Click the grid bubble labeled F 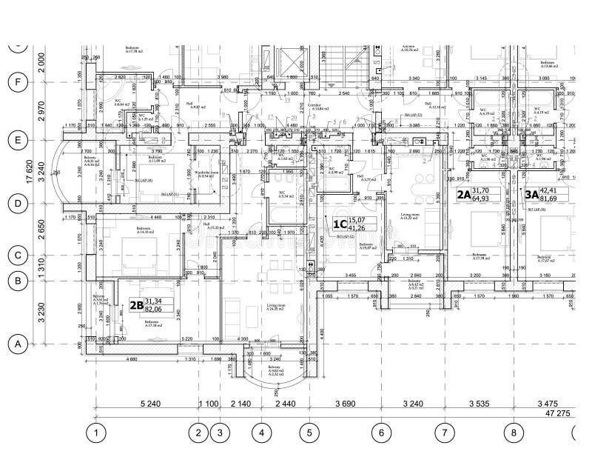click(x=16, y=82)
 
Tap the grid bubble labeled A click(x=16, y=344)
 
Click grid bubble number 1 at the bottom click(x=95, y=432)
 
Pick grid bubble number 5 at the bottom click(x=309, y=432)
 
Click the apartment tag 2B click(x=135, y=304)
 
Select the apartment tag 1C click(x=340, y=223)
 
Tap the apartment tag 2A click(x=463, y=195)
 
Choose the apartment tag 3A click(x=532, y=195)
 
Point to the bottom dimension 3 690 click(x=345, y=404)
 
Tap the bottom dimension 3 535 click(x=479, y=404)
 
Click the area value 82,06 click(x=153, y=309)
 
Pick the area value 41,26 click(x=358, y=227)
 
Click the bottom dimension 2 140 click(x=240, y=404)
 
